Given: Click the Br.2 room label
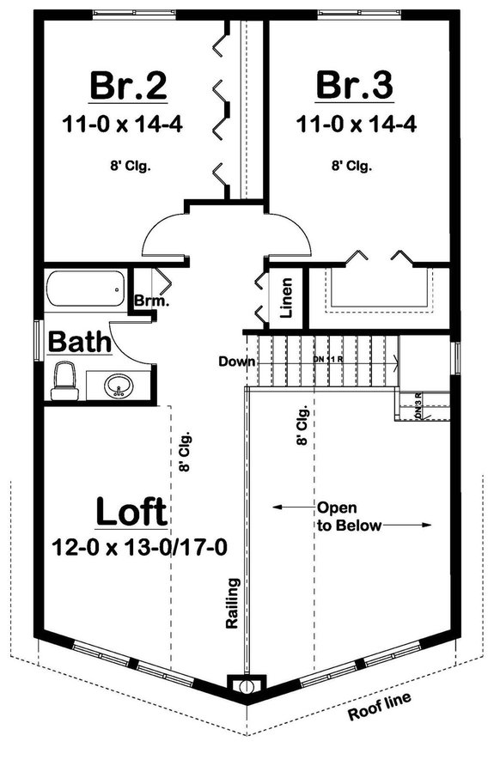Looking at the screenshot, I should [x=128, y=87].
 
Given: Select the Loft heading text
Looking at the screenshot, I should [x=131, y=512].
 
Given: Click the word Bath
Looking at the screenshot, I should [x=79, y=343].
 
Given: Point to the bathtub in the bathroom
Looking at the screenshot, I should [x=83, y=289].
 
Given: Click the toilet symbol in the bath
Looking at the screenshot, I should [x=63, y=380].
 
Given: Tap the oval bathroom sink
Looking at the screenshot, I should [x=119, y=386].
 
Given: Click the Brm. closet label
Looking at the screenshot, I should [x=150, y=302].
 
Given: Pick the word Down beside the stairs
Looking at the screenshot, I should [x=236, y=362].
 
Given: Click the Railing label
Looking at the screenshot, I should [x=232, y=605].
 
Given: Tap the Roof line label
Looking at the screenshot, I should [x=379, y=707].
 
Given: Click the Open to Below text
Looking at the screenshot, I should [x=348, y=516].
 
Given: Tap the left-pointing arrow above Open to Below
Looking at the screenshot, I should [x=291, y=508].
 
